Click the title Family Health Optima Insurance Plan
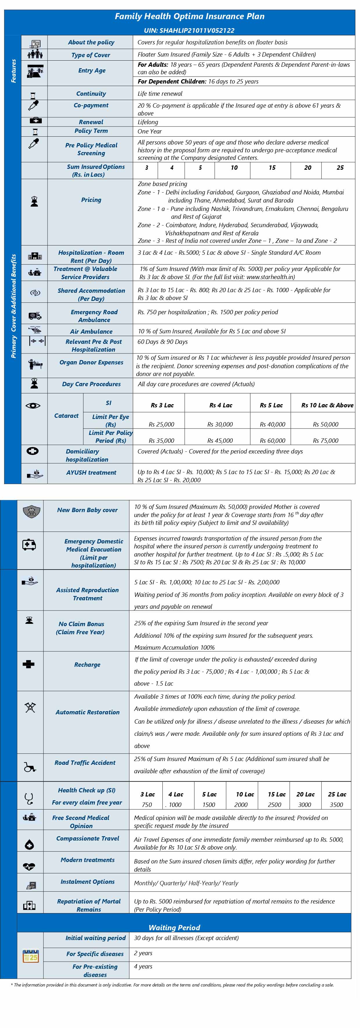190,16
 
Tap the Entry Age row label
92,71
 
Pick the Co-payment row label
91,105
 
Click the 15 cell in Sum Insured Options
272,168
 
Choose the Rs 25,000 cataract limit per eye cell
161,424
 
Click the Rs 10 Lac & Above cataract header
327,405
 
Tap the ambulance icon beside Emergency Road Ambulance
35,316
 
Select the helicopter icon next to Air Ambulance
35,330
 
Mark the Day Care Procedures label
91,384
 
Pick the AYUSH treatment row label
91,472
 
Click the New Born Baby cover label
87,510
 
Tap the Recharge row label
87,665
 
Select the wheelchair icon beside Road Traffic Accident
30,767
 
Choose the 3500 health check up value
336,805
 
